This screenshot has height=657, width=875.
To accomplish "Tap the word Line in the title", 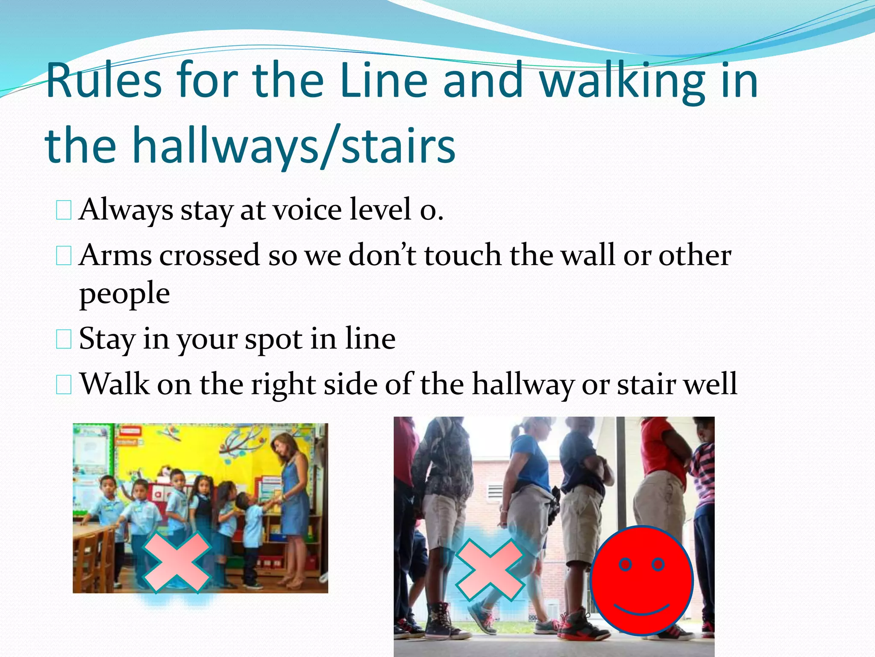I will (384, 80).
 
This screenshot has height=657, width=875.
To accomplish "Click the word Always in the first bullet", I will (126, 210).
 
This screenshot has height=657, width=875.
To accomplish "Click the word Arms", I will (115, 255).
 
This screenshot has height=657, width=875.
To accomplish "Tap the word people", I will (124, 294).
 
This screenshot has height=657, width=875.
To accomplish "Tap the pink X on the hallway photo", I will (490, 570).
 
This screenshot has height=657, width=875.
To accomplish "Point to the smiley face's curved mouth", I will (641, 610).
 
